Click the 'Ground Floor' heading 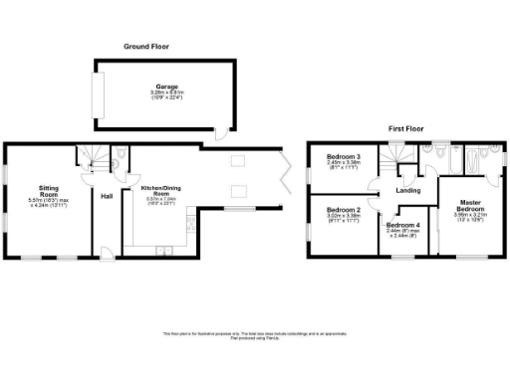click(x=146, y=47)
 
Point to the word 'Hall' click(x=106, y=196)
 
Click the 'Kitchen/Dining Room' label click(x=160, y=189)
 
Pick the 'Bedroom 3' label click(x=344, y=158)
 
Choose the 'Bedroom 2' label click(x=344, y=210)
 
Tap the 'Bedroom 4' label click(x=403, y=225)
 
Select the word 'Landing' click(x=406, y=190)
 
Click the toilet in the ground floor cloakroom click(x=121, y=153)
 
